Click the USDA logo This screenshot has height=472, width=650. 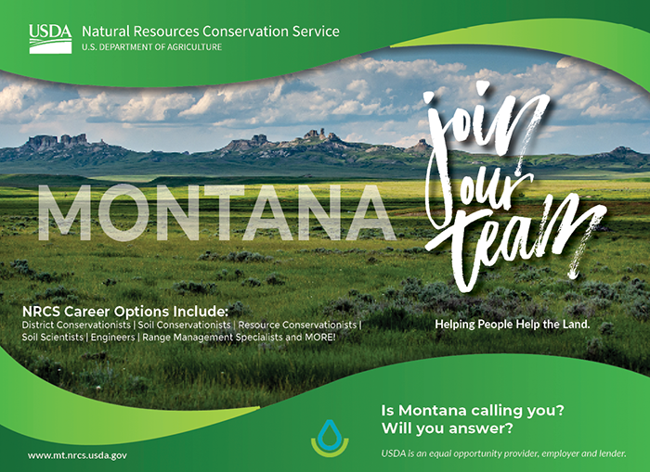coord(50,38)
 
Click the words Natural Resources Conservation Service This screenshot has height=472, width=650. coord(211,32)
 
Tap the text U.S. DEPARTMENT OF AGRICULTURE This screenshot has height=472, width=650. coord(151,47)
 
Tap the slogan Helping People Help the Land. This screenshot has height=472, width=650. coord(512,325)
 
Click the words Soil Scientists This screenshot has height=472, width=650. coord(58,338)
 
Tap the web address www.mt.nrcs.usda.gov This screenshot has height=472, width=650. coord(77,455)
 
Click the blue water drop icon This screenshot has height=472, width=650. coord(329,432)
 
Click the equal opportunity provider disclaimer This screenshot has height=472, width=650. coord(503,453)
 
